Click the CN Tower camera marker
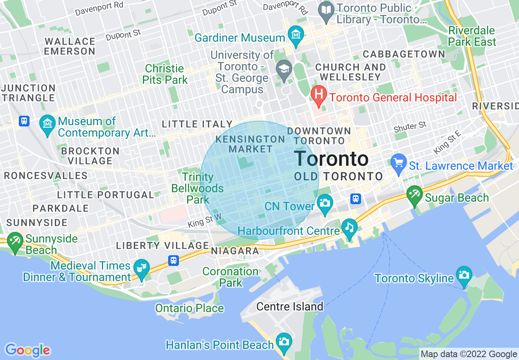(x=325, y=203)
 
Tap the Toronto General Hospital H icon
(x=318, y=95)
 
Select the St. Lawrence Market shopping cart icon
(x=398, y=163)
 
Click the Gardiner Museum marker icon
(x=296, y=35)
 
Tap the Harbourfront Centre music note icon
(x=349, y=228)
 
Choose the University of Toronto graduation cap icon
(x=284, y=68)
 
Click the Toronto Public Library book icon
(x=326, y=11)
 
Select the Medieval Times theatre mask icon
(x=141, y=268)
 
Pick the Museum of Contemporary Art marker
(x=47, y=124)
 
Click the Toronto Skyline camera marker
(x=464, y=275)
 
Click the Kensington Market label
(x=250, y=144)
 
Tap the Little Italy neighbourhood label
(x=197, y=124)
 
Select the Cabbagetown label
(x=404, y=54)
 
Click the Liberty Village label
(x=162, y=245)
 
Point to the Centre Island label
(x=290, y=306)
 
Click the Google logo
(x=27, y=350)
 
